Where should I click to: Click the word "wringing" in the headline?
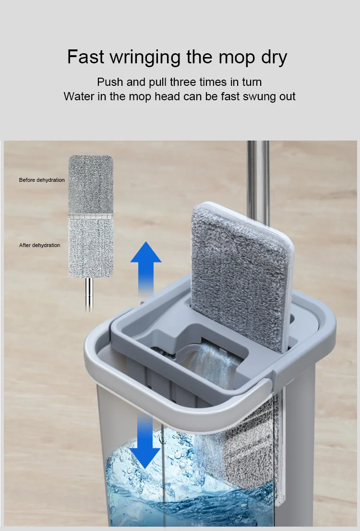(146, 58)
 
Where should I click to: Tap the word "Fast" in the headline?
(85, 56)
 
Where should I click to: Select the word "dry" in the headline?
(274, 58)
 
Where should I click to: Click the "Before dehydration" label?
(42, 180)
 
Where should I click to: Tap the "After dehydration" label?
(39, 245)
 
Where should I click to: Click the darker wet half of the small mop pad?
(91, 185)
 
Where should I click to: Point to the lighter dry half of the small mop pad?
(91, 248)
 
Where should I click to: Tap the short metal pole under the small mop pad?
(89, 294)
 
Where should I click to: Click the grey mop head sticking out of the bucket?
(241, 276)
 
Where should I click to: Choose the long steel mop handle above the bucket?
(258, 183)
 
